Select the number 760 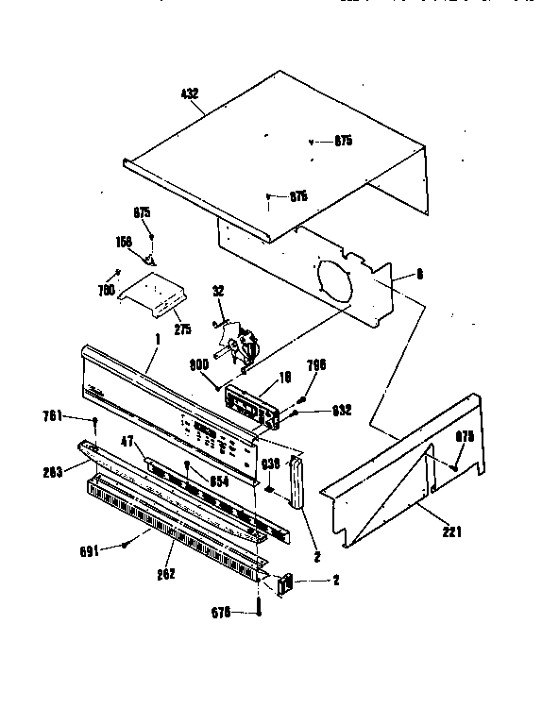click(106, 291)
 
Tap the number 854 click(218, 481)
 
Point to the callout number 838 click(271, 463)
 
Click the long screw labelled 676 click(257, 602)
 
